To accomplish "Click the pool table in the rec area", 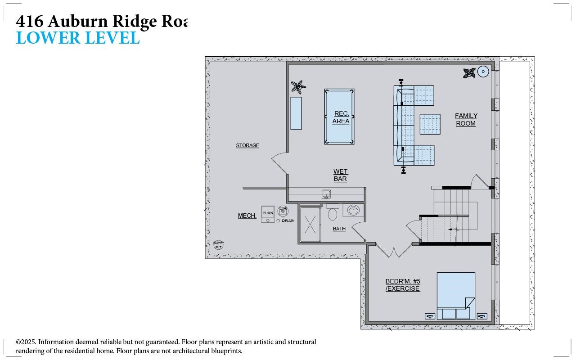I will pos(339,116).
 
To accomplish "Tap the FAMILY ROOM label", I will pos(466,120).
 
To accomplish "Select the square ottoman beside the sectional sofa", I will pos(430,124).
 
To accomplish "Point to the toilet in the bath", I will pos(333,213).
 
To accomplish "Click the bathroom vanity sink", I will pos(353,210).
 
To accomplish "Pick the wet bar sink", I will pos(326,194).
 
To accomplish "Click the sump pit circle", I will pos(218,245).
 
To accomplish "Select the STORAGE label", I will pos(247,145).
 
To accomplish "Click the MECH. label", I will pos(247,216).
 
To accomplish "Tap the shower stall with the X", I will pos(310,224).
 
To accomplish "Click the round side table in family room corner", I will pos(483,72).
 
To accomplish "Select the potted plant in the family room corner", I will pos(469,72).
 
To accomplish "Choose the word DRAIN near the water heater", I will pos(288,220).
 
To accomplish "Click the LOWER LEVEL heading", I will pos(78,38).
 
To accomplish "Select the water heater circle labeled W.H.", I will pos(283,211).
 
